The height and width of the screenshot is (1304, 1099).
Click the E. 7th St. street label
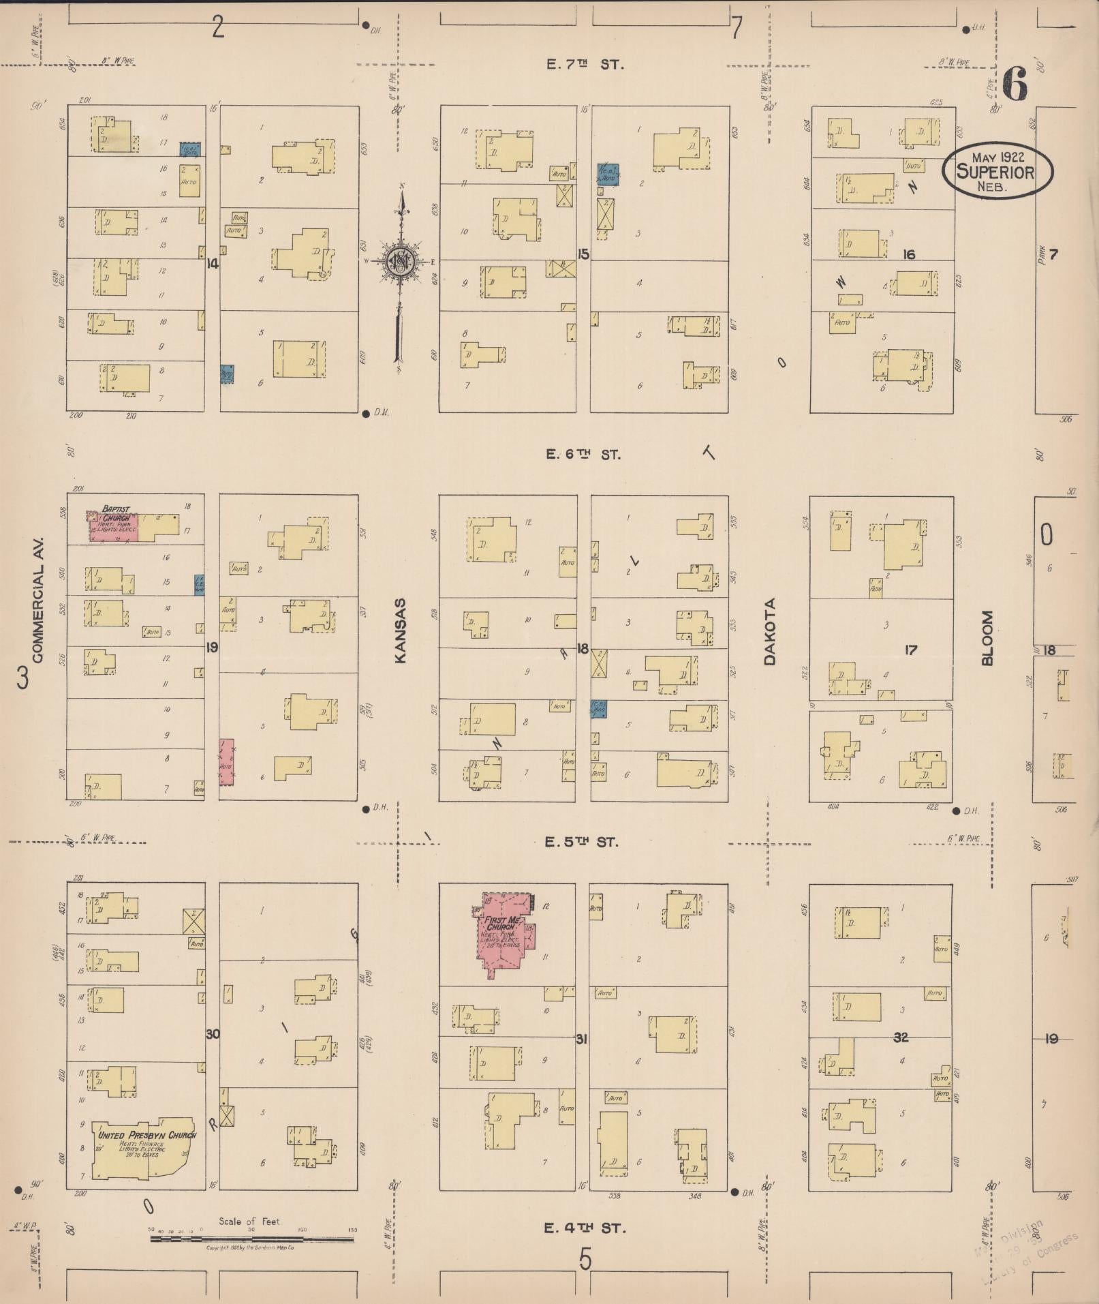[585, 65]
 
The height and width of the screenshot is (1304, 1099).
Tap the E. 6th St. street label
[584, 455]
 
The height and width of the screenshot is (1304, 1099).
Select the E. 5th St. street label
[582, 843]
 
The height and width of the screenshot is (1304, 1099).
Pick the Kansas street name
[401, 631]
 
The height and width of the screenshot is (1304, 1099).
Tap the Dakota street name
[770, 631]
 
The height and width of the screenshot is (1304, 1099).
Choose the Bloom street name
[987, 637]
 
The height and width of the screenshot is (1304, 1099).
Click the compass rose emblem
[401, 261]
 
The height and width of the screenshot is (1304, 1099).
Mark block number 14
[213, 263]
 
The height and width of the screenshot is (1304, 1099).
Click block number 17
[910, 650]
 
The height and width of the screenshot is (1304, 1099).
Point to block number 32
[901, 1037]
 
